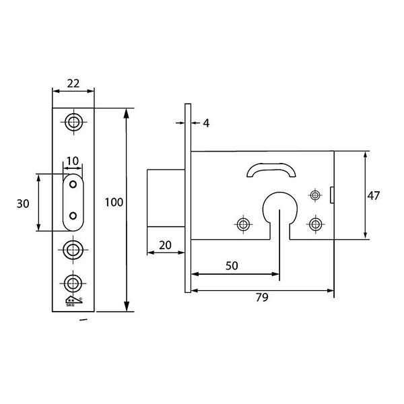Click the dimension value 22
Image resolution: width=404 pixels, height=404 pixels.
point(73,83)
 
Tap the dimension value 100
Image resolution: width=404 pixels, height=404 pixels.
point(114,202)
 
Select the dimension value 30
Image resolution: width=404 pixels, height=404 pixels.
point(23,203)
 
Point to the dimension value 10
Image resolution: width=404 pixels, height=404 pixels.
point(73,161)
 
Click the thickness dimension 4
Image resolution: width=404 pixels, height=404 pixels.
point(206,123)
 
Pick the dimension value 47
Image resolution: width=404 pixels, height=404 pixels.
point(373,195)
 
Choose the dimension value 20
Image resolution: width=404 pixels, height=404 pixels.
point(165,245)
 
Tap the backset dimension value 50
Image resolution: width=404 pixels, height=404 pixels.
point(232,266)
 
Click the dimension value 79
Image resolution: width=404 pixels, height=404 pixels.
point(262,297)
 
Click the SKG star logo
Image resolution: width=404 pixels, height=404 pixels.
point(74,301)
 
